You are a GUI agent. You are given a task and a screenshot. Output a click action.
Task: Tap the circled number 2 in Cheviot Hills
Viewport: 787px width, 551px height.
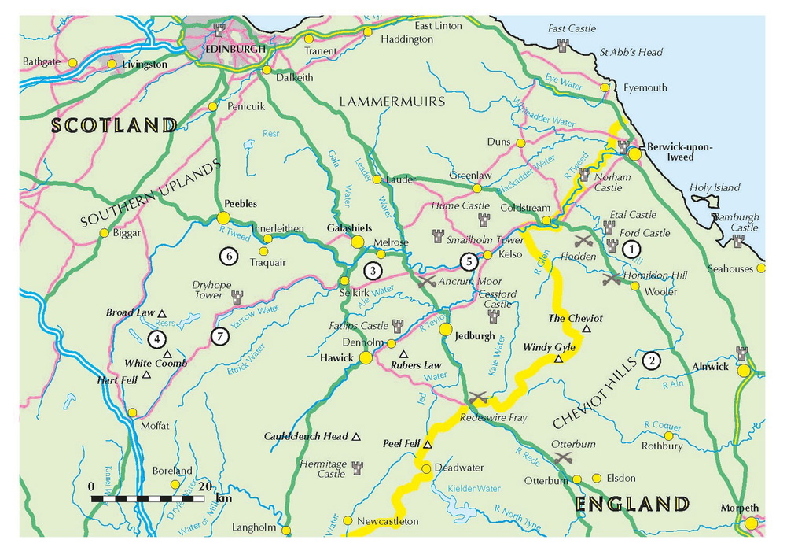tap(652, 361)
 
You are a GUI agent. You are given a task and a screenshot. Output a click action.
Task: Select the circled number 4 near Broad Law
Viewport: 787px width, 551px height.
tap(157, 339)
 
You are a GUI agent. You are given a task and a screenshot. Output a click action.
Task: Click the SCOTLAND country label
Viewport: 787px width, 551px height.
tap(115, 125)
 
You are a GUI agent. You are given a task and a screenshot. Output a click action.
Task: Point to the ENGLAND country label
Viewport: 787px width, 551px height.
tap(632, 504)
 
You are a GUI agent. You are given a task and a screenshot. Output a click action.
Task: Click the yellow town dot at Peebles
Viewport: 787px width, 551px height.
tap(223, 217)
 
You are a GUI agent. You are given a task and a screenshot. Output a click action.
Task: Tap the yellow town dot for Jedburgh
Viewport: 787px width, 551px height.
tap(446, 330)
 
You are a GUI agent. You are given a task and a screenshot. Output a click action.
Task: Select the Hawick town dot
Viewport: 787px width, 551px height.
tap(366, 358)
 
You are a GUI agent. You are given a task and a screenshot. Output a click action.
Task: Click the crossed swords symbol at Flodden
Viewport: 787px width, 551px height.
tap(583, 239)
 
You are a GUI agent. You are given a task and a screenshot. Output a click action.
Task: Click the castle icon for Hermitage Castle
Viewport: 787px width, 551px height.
tap(357, 468)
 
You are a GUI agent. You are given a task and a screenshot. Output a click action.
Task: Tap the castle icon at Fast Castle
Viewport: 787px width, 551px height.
tap(563, 46)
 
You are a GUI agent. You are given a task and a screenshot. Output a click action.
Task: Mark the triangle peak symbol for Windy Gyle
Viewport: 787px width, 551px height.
tap(559, 359)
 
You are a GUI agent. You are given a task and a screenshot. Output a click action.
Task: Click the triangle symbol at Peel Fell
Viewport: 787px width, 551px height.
tap(428, 445)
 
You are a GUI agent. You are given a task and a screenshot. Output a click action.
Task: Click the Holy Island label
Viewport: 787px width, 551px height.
tap(715, 188)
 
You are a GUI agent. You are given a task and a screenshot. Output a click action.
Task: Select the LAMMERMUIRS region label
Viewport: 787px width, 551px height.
tap(392, 102)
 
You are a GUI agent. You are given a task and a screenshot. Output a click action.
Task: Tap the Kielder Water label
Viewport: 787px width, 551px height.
tap(475, 489)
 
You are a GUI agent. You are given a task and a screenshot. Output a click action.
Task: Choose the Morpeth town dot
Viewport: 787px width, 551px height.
tap(751, 523)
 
